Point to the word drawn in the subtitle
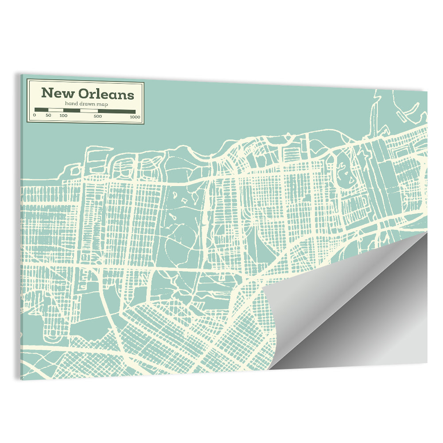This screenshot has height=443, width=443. click(x=87, y=104)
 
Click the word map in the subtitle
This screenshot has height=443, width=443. click(x=102, y=104)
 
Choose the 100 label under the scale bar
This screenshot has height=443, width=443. click(x=63, y=116)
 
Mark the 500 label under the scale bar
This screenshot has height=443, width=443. click(x=98, y=116)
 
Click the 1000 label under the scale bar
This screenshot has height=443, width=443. click(x=135, y=117)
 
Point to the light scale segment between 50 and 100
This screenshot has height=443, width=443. click(x=56, y=110)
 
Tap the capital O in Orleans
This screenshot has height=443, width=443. click(x=84, y=94)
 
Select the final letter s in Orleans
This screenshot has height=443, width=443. click(x=131, y=95)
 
